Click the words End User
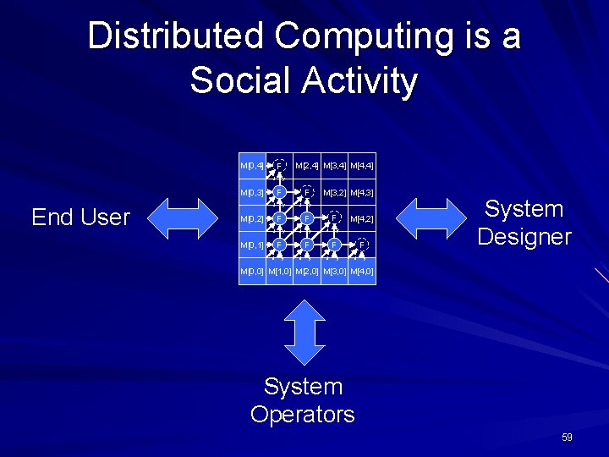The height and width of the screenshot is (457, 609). (x=80, y=217)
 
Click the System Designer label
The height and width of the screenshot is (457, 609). (x=524, y=223)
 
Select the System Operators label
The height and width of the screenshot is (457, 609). (x=303, y=400)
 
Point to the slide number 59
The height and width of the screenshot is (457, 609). (x=567, y=438)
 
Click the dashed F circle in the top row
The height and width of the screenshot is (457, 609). (x=278, y=166)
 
